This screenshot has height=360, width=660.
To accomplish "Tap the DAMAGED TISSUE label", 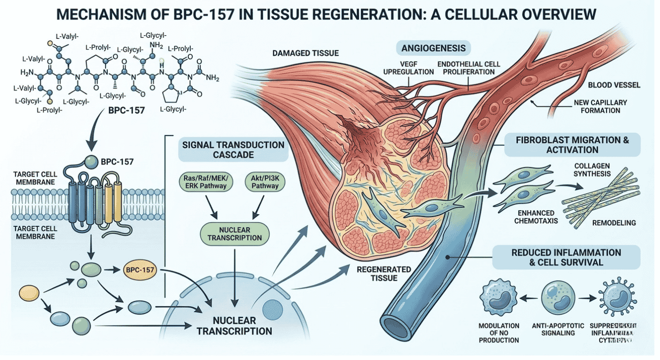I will click(305, 53).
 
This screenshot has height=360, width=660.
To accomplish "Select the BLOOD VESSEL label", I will click(613, 85).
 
